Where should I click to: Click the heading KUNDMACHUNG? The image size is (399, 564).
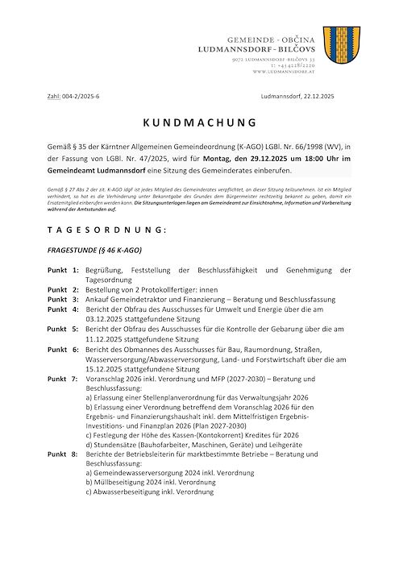(x=199, y=122)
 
